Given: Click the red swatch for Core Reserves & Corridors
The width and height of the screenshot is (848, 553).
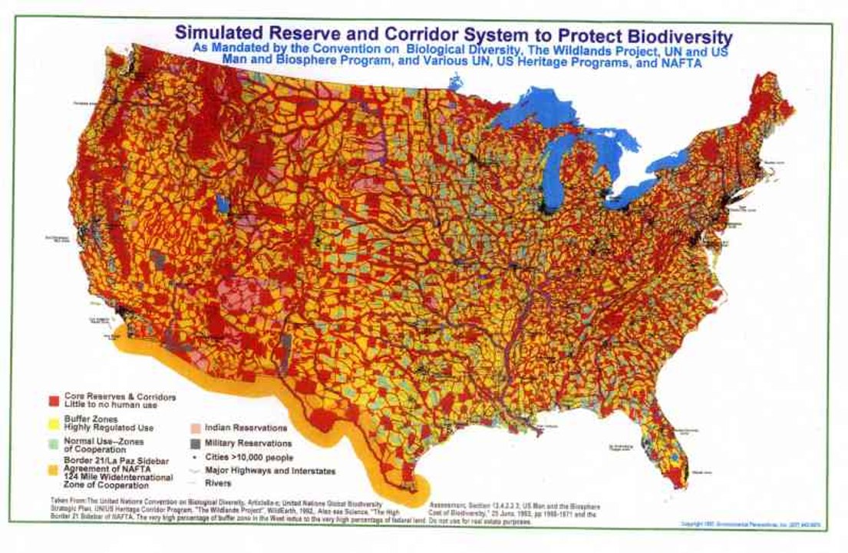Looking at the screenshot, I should point(53,400).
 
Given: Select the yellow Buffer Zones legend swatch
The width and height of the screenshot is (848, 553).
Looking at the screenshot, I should point(53,422).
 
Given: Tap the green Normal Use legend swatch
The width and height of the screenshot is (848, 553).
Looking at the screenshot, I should point(53,444).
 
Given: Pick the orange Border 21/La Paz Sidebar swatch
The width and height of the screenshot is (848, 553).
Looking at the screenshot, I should point(53,466).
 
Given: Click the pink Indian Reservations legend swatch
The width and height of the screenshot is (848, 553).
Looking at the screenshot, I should point(195,427).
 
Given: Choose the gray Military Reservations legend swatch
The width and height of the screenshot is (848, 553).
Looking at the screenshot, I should point(195,443).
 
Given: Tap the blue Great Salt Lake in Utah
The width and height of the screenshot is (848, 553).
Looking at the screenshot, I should point(223,204).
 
